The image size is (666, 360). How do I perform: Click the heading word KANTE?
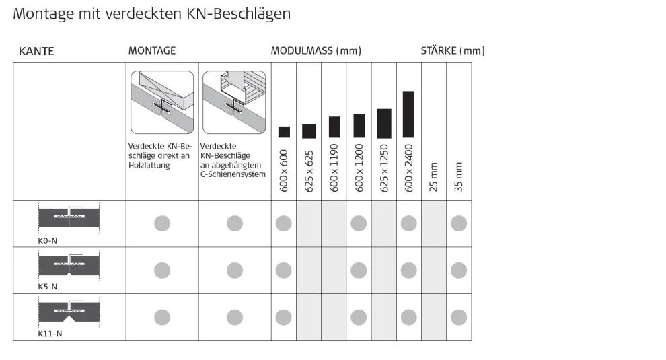click(x=36, y=51)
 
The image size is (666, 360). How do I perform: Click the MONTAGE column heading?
click(x=152, y=51)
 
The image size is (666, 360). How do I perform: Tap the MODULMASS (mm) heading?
click(x=316, y=51)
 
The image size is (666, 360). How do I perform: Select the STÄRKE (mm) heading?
click(x=453, y=51)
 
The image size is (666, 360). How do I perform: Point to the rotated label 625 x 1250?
click(x=384, y=168)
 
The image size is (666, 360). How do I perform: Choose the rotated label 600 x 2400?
click(x=409, y=168)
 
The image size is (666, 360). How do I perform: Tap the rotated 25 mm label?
click(x=434, y=177)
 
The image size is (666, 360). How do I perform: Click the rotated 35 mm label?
click(x=459, y=177)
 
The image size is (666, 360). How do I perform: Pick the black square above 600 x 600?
click(x=284, y=132)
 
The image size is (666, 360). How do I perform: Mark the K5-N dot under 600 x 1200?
click(x=359, y=271)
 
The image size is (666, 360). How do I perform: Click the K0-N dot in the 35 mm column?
click(x=459, y=223)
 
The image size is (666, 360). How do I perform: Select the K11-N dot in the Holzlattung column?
click(x=162, y=317)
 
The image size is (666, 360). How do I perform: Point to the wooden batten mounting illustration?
click(x=162, y=102)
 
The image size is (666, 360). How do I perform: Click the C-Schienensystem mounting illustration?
click(x=234, y=102)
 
